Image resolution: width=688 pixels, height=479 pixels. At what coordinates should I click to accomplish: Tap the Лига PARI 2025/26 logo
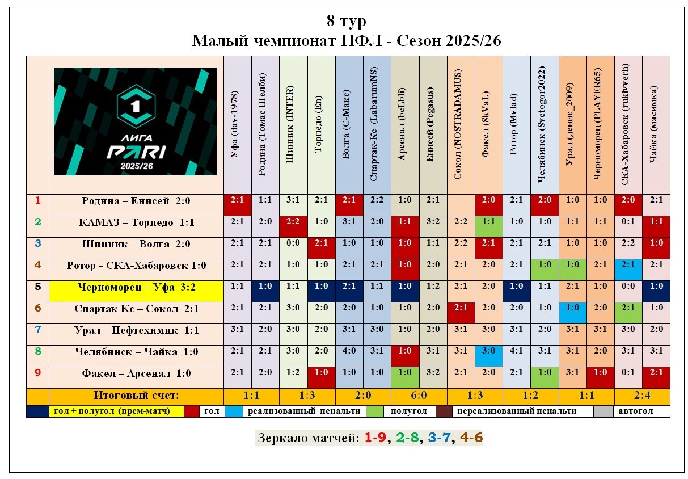coord(135,121)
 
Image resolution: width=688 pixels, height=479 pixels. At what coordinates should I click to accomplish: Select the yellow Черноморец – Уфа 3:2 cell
coord(136,288)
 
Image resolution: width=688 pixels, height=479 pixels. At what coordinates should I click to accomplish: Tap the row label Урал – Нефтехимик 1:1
coord(136,331)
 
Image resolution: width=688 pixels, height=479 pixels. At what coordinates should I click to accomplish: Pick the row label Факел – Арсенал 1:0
coord(136,374)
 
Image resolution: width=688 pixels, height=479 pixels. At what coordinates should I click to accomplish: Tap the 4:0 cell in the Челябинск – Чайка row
coord(348,352)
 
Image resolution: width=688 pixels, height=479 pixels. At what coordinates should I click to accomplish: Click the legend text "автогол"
coord(635,411)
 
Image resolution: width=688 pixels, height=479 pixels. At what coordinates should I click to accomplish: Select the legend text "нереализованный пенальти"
coord(516,411)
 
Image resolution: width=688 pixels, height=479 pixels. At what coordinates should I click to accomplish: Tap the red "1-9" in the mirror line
coord(375,438)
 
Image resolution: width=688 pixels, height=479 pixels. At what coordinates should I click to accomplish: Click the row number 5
coord(37,288)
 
